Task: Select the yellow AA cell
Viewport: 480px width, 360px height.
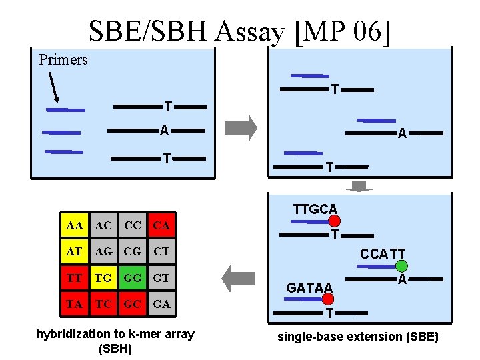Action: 75,226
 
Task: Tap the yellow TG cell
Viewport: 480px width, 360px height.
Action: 103,278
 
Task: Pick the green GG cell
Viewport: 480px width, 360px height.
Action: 133,278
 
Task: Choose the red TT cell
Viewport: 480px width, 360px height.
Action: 75,278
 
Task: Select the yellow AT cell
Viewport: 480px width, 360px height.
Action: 75,252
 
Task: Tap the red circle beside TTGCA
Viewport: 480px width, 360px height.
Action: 335,221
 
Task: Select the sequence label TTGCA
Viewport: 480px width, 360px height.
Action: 315,209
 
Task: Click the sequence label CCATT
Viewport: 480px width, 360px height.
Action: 383,253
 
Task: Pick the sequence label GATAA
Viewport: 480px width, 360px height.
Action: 309,288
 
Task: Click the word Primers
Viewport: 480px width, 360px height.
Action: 63,60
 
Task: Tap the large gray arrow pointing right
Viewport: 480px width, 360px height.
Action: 241,127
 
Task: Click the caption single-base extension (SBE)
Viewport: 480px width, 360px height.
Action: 357,337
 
